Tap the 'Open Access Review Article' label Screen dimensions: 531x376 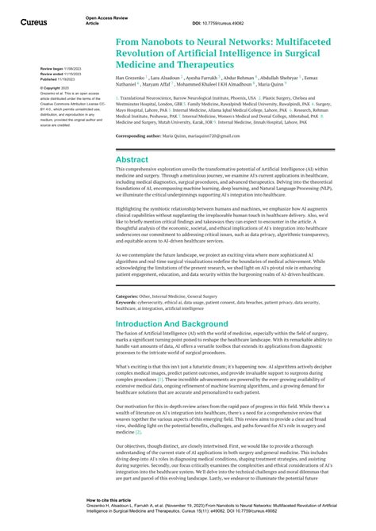click(104, 20)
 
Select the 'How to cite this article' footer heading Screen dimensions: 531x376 click(109, 501)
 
